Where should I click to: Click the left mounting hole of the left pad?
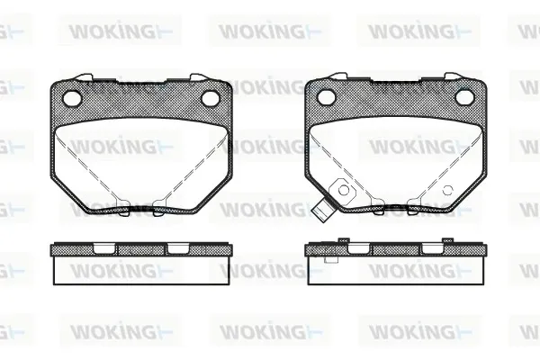[x=72, y=98]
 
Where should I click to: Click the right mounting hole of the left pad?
[x=210, y=98]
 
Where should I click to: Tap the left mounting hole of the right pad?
[x=326, y=97]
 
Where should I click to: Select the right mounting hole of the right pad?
[x=464, y=97]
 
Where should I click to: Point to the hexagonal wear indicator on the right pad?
[x=343, y=190]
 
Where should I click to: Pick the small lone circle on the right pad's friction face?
[x=447, y=190]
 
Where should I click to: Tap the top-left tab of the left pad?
[x=85, y=77]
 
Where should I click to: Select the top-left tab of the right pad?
[x=339, y=76]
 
